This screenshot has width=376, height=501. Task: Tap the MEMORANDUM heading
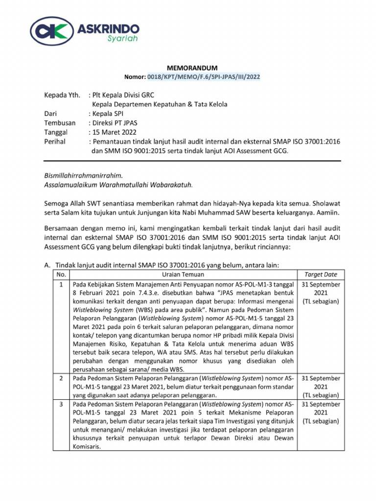pyautogui.click(x=189, y=68)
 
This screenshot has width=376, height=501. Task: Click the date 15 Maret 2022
pyautogui.click(x=116, y=132)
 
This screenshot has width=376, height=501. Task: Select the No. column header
pyautogui.click(x=61, y=274)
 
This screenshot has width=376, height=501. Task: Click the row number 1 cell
pyautogui.click(x=61, y=284)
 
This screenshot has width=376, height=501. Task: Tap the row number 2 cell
pyautogui.click(x=61, y=378)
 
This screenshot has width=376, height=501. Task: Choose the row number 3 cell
pyautogui.click(x=61, y=405)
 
